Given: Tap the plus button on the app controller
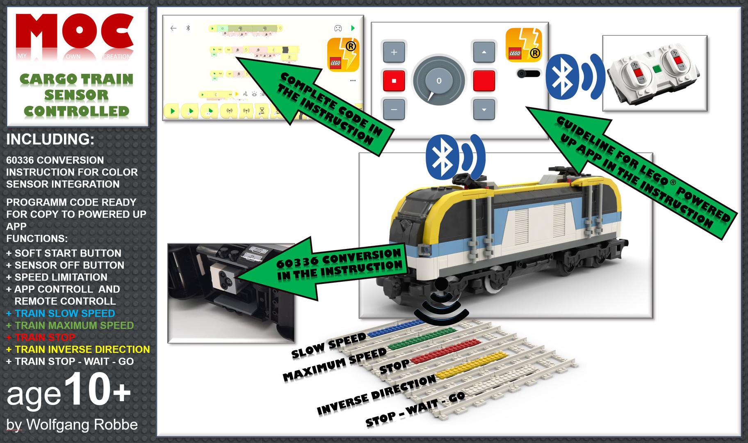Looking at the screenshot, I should coord(394,53).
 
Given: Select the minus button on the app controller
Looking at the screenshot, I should coord(394,110).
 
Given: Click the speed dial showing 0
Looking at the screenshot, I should coord(439,80).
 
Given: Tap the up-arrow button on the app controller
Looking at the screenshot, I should coord(484,53).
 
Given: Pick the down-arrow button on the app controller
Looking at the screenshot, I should coord(484,110).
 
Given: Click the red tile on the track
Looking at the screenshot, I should coord(445,352).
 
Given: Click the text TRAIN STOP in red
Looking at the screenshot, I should coord(45,338).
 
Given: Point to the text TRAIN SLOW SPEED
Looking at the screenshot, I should coord(65,313).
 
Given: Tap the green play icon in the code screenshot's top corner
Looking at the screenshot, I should coord(353,28).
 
